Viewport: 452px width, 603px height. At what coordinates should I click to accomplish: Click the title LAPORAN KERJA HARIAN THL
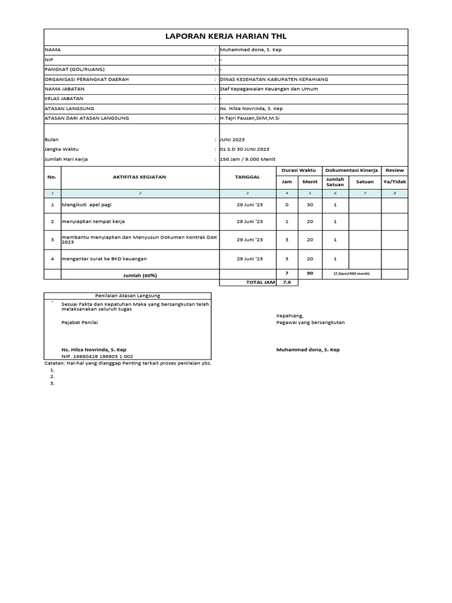pos(226,37)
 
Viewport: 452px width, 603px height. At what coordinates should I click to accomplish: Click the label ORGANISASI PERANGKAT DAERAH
pos(87,79)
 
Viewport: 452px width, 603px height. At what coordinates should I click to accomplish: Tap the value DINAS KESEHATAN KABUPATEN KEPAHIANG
pos(274,79)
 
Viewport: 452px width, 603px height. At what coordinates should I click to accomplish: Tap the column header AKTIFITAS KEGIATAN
pos(139,177)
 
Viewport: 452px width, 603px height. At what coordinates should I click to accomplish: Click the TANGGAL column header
pos(247,177)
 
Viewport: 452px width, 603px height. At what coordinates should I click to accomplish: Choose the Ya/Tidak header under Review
pos(394,182)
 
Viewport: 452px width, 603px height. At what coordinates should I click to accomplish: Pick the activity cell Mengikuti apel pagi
pos(87,205)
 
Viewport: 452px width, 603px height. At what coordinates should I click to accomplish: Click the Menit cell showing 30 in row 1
pos(310,205)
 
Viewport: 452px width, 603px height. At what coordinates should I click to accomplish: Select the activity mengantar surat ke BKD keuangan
pos(104,259)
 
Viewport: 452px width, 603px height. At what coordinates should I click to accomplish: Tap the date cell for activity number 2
pos(250,222)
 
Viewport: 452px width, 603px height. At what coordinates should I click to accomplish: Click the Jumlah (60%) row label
pos(139,275)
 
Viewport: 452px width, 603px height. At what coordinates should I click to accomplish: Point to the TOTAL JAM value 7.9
pos(287,283)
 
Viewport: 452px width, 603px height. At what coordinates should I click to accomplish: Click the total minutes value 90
pos(310,273)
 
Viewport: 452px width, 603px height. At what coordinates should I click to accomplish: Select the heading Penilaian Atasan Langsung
pos(127,295)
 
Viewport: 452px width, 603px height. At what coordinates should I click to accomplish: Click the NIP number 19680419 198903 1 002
pos(97,356)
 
